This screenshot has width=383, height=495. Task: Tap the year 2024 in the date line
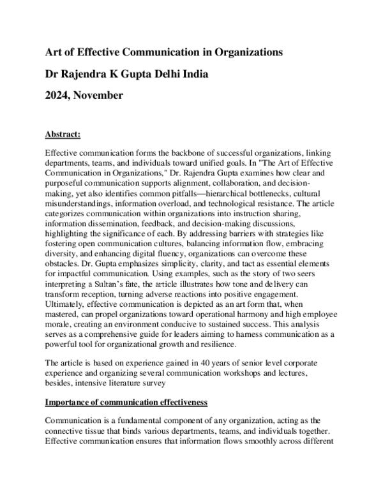(58, 96)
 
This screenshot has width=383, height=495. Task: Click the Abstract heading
(63, 135)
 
